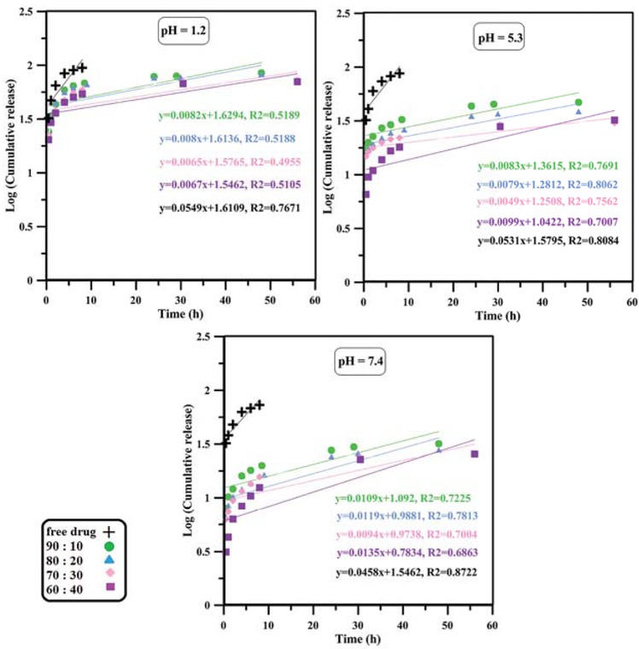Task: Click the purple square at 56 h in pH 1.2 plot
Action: [x=297, y=82]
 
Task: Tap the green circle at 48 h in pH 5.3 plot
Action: [x=578, y=102]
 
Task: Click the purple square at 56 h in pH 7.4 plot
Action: [x=475, y=453]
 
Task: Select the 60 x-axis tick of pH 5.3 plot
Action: [x=632, y=301]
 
